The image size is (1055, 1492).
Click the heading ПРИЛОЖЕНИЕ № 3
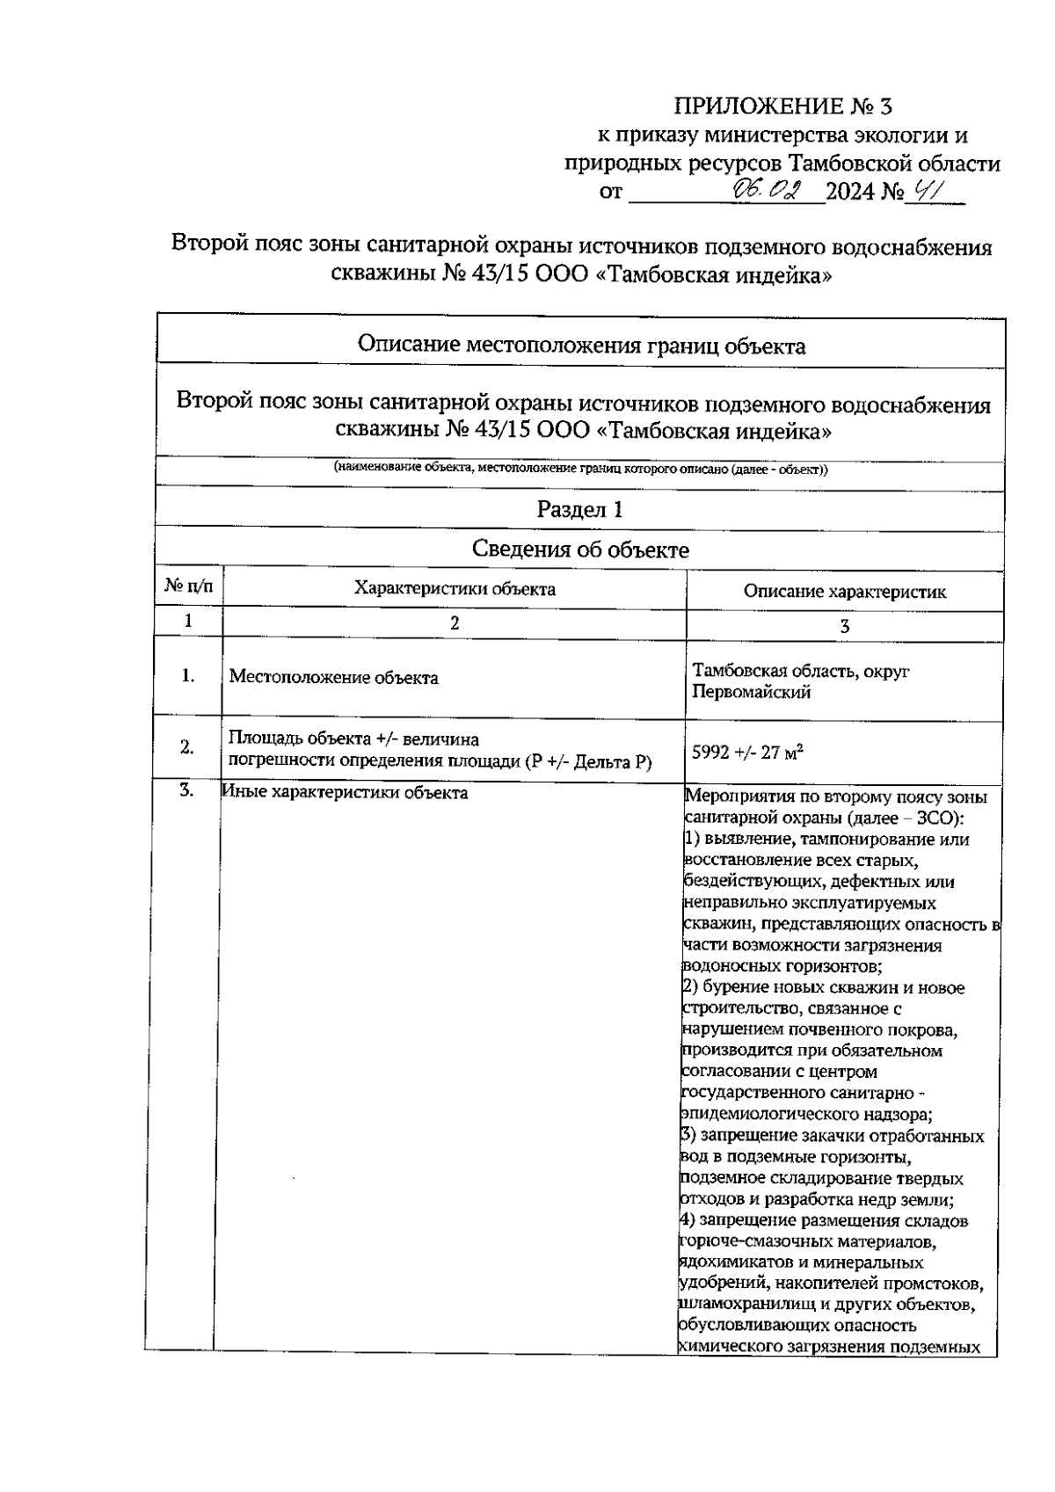782,107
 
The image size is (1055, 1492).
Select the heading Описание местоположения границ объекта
581,346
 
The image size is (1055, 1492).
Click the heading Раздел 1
580,510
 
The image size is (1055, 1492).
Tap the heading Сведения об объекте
580,550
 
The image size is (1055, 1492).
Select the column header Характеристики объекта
455,589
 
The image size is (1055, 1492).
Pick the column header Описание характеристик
845,592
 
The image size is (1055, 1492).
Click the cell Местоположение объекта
333,678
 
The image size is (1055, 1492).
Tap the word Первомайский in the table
751,693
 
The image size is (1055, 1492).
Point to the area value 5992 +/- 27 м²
749,753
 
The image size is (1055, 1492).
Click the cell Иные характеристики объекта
345,793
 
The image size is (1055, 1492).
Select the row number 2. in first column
187,747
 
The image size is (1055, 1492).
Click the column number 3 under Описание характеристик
845,627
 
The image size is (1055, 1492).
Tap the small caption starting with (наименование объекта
580,469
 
